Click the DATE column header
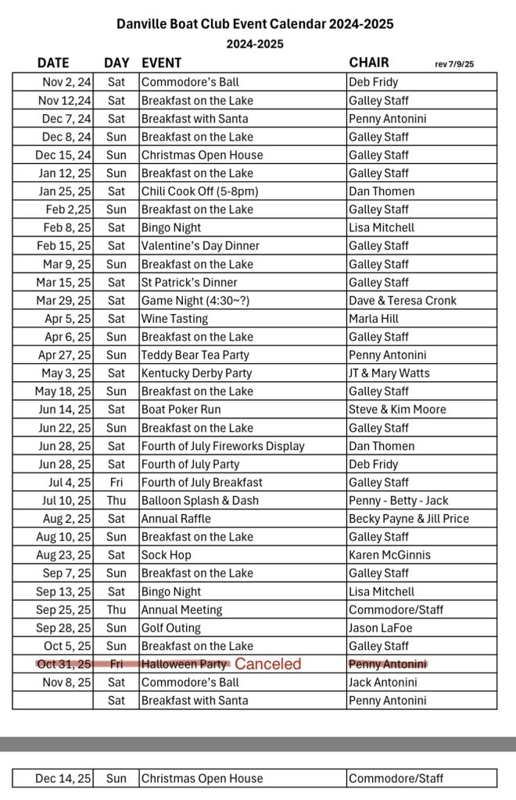(52, 63)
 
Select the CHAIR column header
(369, 62)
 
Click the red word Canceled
(267, 664)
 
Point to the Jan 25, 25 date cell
(65, 191)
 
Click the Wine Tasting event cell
(175, 319)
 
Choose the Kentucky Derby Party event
(196, 373)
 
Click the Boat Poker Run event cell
(181, 409)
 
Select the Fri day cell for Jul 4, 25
(116, 482)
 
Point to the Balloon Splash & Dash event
(200, 500)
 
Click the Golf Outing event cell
(171, 627)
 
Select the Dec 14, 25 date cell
(63, 778)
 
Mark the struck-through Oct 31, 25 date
(63, 664)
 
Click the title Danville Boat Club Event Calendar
(255, 24)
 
